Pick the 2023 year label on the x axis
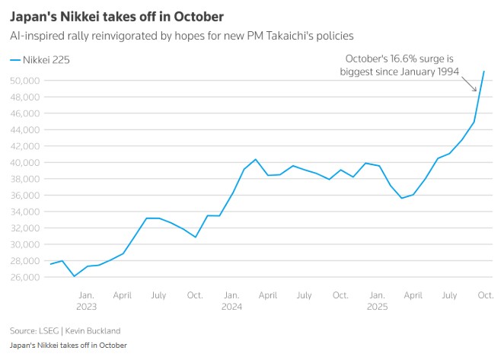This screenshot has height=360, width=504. click(86, 307)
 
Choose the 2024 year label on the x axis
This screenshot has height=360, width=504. click(231, 307)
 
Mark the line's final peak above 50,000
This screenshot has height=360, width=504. click(485, 72)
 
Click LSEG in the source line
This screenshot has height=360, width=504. click(51, 330)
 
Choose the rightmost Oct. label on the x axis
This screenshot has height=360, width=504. click(485, 295)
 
